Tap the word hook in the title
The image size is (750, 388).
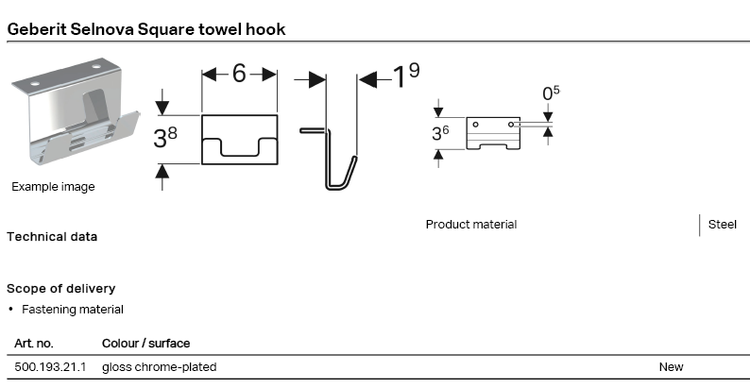coord(264,29)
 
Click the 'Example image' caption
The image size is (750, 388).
coord(53,187)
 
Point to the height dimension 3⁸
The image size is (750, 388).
coord(165,139)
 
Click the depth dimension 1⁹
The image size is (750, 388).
coord(406,77)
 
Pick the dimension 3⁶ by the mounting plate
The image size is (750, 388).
coord(440,133)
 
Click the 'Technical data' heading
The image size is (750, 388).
coord(52,237)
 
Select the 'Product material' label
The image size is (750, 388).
coord(471,225)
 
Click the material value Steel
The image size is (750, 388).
coord(723,225)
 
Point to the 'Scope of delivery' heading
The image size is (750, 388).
coord(60,288)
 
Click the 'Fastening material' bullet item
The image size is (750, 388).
coord(72,310)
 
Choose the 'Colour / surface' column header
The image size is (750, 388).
coord(145,344)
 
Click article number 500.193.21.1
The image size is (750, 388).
coord(50,366)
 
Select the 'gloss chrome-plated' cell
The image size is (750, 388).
coord(159,366)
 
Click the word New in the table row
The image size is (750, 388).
coord(671,366)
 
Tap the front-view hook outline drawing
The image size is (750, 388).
coord(239,139)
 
